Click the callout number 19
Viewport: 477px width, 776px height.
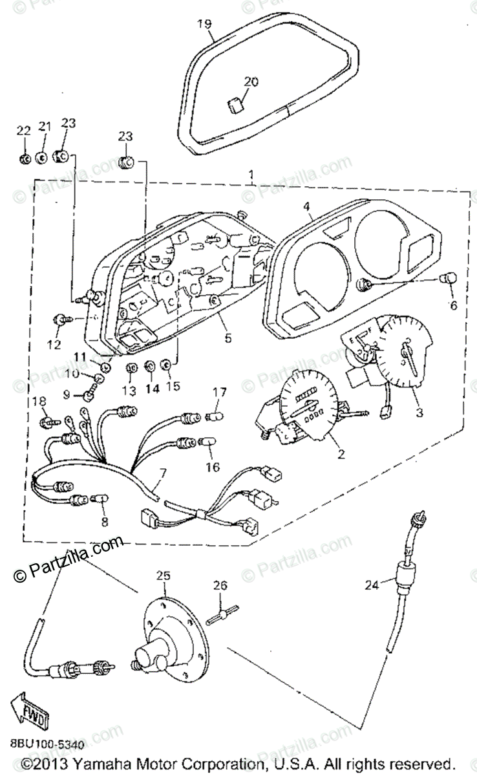[204, 25]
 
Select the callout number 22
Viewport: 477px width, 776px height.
[23, 131]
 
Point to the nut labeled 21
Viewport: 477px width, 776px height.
[41, 157]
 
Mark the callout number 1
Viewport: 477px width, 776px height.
[251, 175]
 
